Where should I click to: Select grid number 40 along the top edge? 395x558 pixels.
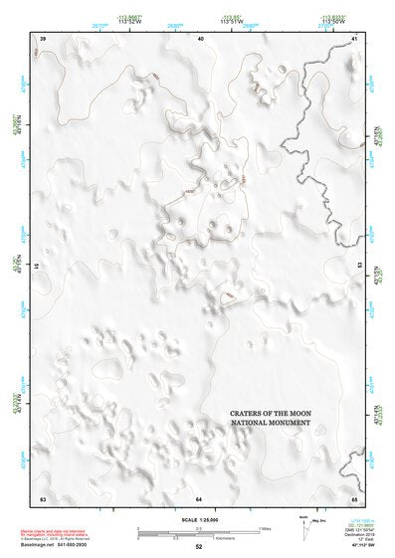(201, 38)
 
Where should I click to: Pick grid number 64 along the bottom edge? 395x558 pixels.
(199, 497)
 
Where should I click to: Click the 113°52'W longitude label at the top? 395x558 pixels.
(127, 21)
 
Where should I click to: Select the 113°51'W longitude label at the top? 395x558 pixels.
(233, 21)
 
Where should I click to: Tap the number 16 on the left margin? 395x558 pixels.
(36, 267)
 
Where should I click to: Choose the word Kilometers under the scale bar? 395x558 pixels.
(199, 538)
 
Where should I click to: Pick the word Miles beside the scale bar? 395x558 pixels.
(265, 528)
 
